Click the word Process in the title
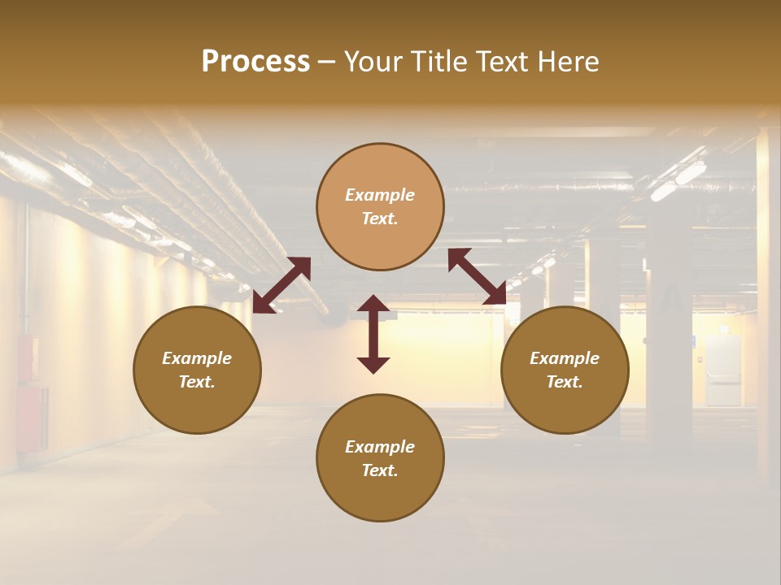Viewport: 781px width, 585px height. tap(255, 62)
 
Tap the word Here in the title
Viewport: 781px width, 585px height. tap(566, 62)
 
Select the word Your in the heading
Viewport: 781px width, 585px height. tap(371, 62)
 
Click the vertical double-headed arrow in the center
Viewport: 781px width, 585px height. tap(373, 334)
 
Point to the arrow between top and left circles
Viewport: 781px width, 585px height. tap(281, 284)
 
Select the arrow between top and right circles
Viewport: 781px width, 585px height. tap(478, 276)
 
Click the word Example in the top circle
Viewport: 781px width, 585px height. tap(380, 195)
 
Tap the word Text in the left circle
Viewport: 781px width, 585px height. tap(197, 382)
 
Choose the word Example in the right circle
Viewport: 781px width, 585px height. tap(565, 358)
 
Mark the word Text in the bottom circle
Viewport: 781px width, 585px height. tap(380, 470)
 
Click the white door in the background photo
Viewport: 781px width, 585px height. tap(722, 370)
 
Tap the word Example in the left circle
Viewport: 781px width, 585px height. tap(197, 358)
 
